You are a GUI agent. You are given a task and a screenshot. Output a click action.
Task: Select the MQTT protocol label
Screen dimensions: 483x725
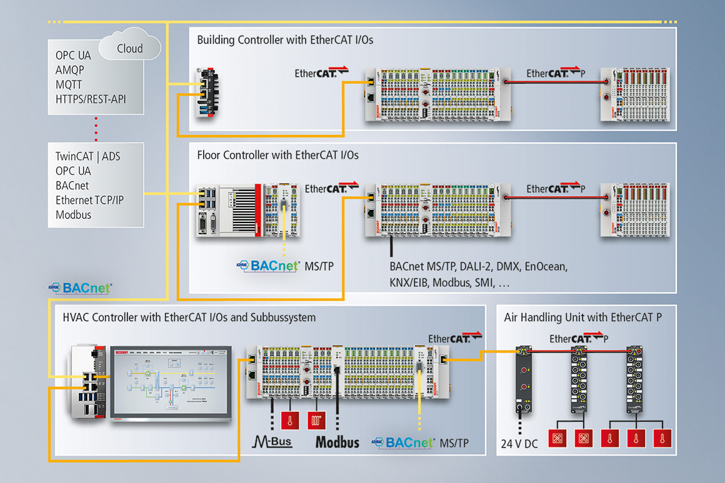coord(69,85)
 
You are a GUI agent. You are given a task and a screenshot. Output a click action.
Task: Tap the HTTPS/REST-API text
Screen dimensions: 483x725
coord(91,99)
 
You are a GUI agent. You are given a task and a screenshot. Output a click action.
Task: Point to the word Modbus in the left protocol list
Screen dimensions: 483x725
coord(73,214)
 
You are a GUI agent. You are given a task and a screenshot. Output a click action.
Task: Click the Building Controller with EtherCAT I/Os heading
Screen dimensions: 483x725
coord(285,40)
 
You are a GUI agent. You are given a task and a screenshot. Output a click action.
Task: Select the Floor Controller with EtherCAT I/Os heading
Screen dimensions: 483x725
coord(277,154)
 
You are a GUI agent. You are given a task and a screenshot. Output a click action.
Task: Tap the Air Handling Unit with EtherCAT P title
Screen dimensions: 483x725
coord(582,317)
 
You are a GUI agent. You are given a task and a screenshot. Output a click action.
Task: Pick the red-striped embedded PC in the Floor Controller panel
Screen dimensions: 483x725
coord(232,209)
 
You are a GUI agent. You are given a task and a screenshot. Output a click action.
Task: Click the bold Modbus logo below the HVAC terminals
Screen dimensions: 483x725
coord(337,442)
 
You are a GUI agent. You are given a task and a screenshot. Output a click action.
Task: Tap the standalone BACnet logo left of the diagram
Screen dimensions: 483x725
coord(80,288)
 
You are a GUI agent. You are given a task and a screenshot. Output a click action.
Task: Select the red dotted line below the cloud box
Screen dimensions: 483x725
coord(96,129)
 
